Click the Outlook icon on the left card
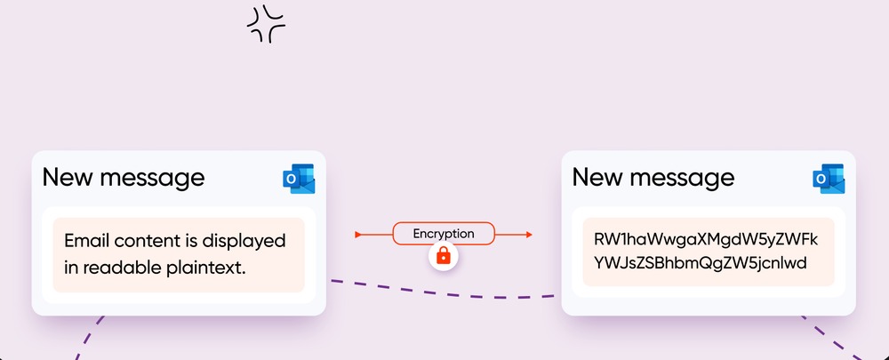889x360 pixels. click(x=299, y=178)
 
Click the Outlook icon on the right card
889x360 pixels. click(x=829, y=178)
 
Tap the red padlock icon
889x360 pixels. click(x=444, y=256)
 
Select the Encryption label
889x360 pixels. click(x=444, y=234)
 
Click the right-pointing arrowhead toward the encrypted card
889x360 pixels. click(x=528, y=235)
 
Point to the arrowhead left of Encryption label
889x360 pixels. click(x=358, y=235)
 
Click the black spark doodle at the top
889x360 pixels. click(x=266, y=24)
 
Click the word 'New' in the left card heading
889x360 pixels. click(x=68, y=177)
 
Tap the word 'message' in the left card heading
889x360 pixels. click(x=153, y=178)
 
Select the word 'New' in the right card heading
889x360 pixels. click(x=597, y=177)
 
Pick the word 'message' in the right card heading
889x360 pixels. click(x=683, y=178)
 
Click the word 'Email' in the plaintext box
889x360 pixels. click(x=86, y=240)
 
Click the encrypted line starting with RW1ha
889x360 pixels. click(x=705, y=240)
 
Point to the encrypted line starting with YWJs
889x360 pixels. click(x=700, y=264)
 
